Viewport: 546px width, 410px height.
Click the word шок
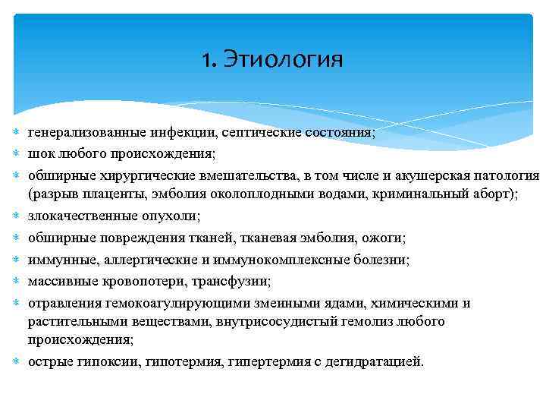click(x=41, y=153)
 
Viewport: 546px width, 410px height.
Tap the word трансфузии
click(x=234, y=282)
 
